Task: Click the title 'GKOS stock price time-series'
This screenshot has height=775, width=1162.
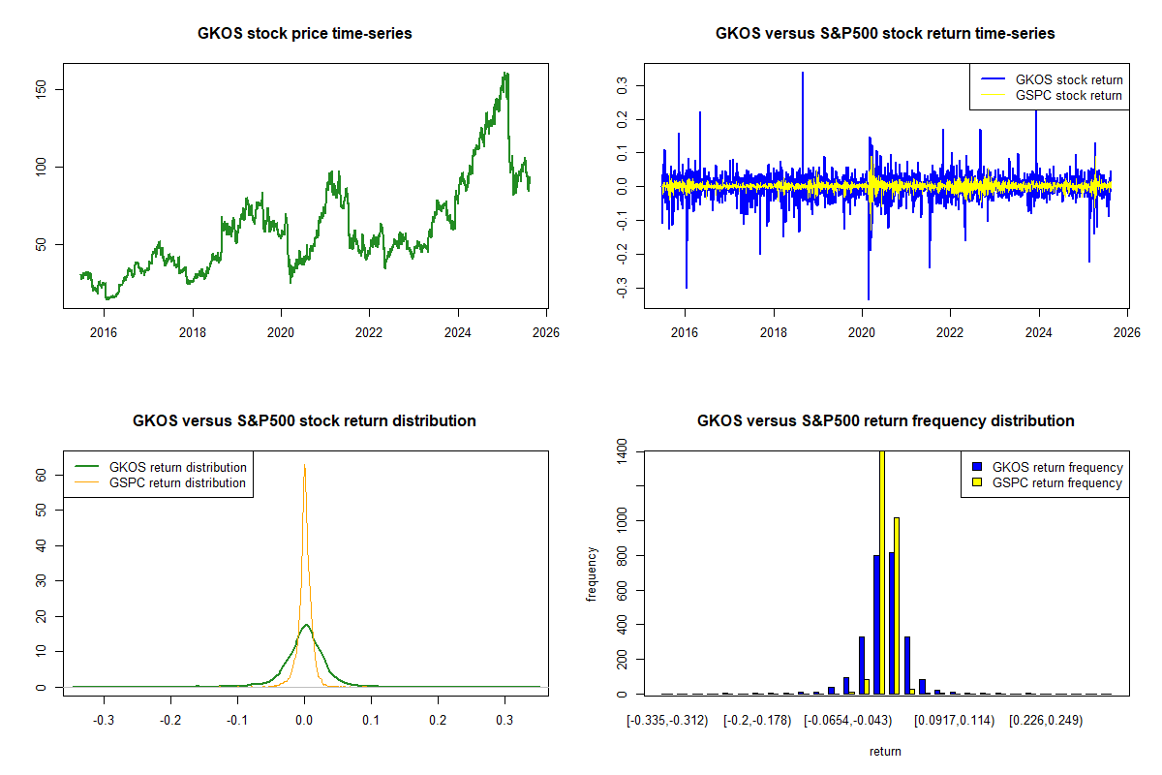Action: click(305, 34)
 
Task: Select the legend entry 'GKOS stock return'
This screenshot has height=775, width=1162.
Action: click(1068, 79)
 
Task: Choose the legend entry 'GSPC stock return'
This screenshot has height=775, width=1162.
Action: click(1068, 95)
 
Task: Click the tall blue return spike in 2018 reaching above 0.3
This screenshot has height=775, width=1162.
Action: click(803, 74)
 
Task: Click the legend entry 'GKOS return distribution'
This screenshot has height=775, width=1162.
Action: click(178, 467)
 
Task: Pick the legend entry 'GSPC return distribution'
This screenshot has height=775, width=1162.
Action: click(178, 482)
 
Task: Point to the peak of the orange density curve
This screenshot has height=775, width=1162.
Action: click(305, 465)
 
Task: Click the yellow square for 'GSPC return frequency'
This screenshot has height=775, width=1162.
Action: click(977, 482)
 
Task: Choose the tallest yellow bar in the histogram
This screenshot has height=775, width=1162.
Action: click(881, 572)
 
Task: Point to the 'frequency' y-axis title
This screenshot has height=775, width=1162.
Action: click(592, 573)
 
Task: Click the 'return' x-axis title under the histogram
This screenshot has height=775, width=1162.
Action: click(885, 751)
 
